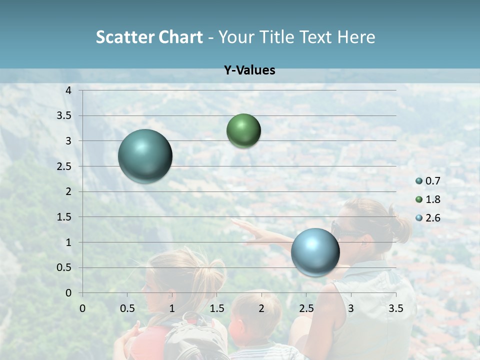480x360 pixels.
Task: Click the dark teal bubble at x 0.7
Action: point(145,156)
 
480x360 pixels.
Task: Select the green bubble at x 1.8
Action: point(243,130)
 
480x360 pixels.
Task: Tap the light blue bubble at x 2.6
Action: point(315,252)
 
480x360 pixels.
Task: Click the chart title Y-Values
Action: point(249,70)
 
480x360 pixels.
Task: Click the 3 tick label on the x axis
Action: point(351,308)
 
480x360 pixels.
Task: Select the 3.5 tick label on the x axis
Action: point(395,308)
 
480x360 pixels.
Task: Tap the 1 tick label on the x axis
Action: point(172,308)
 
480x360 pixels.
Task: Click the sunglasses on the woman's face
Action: point(345,231)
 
